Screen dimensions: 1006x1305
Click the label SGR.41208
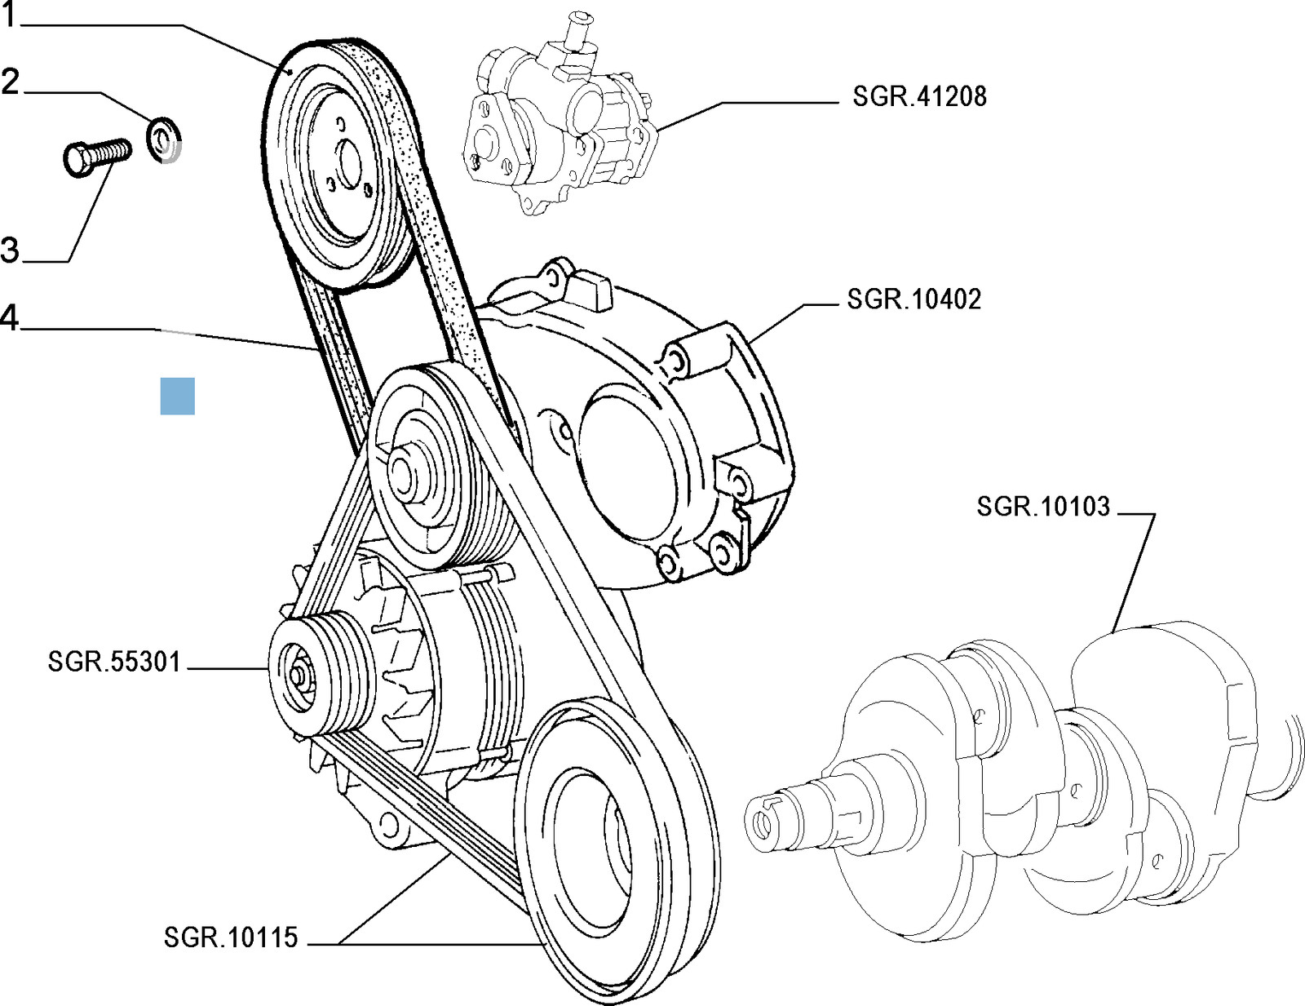[x=919, y=96]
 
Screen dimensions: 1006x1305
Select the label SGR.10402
[x=913, y=299]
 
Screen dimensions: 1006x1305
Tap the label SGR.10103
[x=1043, y=507]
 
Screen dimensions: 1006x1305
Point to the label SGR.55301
[x=114, y=661]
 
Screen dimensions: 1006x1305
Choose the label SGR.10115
[x=231, y=938]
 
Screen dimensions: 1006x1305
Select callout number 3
[x=10, y=249]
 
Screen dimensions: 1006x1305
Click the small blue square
[x=177, y=397]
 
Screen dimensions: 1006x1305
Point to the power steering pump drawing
[x=555, y=131]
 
